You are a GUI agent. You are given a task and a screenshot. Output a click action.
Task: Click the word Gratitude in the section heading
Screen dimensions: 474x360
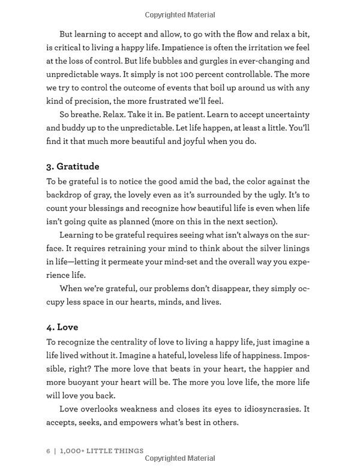[x=78, y=166]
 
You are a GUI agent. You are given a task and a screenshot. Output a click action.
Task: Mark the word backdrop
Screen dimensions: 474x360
[x=68, y=195]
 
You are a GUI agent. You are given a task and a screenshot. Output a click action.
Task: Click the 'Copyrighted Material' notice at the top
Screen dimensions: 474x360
[x=180, y=14]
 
